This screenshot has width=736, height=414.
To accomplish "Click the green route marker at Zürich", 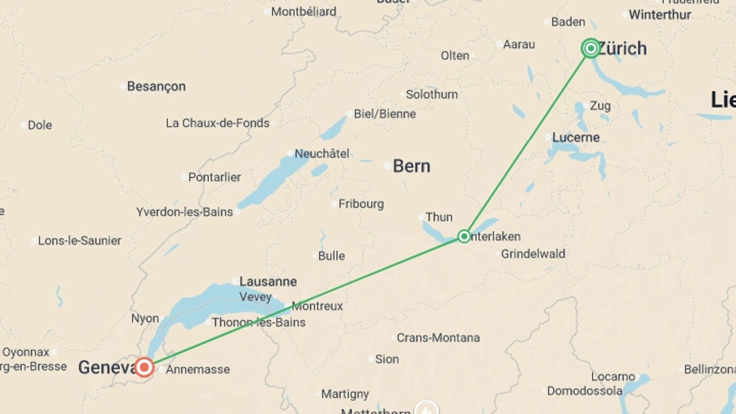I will [x=591, y=48].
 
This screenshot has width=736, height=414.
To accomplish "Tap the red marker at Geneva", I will [x=144, y=367].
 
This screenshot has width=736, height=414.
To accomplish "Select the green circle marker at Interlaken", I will [x=464, y=236].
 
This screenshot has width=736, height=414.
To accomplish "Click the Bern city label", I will [x=411, y=166].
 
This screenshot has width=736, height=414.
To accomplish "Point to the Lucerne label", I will [x=576, y=137].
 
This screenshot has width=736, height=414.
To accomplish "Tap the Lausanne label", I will [x=268, y=281].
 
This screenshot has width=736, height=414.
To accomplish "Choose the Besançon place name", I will [x=156, y=86].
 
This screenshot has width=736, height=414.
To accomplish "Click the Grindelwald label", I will [x=533, y=254].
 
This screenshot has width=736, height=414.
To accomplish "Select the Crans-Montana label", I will [x=438, y=338].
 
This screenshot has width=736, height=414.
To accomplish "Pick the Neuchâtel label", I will [x=322, y=154].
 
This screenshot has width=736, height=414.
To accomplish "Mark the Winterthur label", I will [x=660, y=15].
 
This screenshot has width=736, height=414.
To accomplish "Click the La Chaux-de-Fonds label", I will [x=217, y=123].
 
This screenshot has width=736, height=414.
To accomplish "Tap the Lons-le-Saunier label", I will [x=79, y=240].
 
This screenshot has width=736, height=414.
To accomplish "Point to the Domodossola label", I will [x=584, y=391].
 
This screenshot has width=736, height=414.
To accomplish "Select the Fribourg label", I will [x=361, y=204].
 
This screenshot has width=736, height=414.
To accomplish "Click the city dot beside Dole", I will [x=23, y=125].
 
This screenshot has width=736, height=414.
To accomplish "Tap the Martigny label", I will [x=345, y=394].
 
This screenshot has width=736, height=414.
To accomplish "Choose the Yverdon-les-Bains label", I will [x=184, y=212].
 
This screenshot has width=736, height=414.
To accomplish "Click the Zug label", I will [x=600, y=106].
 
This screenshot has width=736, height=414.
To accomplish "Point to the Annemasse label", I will [x=198, y=370].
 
